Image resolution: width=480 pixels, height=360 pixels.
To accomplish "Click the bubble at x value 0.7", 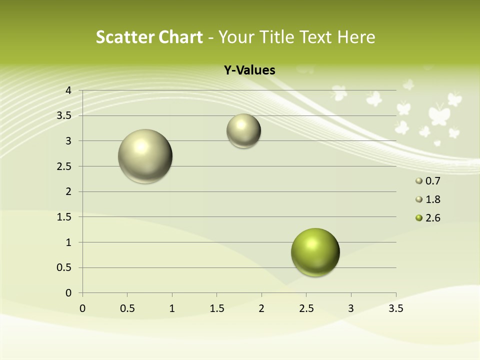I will point(145,156).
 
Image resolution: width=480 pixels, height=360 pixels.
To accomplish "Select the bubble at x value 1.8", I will point(243,130).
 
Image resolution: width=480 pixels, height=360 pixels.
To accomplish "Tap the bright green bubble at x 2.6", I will point(315,252).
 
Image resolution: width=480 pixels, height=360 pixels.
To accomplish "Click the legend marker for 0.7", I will point(419,181).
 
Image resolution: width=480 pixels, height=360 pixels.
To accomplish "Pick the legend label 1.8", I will point(432,199).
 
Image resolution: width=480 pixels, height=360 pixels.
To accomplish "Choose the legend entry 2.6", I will point(432,218).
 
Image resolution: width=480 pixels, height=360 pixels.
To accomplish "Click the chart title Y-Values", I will point(249,70).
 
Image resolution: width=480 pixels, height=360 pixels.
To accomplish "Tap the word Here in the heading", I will point(355,37).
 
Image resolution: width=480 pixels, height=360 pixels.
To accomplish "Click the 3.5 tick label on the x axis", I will point(395,308).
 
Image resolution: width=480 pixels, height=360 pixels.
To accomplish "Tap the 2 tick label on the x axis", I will point(261,308).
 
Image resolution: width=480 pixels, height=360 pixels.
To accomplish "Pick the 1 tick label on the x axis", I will point(172,308).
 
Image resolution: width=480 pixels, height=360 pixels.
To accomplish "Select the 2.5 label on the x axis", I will point(306,308).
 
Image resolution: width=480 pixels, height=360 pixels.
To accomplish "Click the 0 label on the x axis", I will point(82,308).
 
